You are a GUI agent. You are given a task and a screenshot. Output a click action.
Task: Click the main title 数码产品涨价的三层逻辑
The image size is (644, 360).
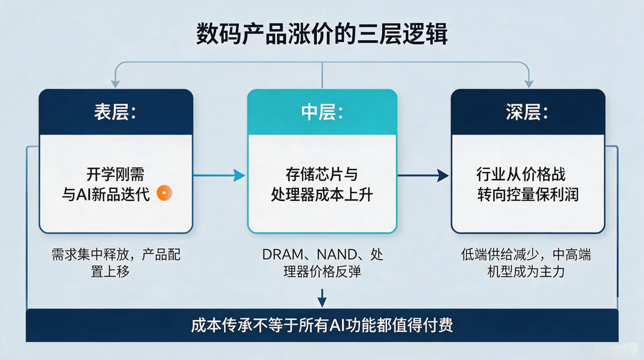pos(321,34)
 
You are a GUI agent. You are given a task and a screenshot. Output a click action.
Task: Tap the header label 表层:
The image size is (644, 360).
pos(115,112)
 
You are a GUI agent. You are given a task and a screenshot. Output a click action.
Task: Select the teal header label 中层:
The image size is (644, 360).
pos(322,112)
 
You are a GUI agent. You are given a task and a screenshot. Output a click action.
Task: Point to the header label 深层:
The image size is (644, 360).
pos(527,112)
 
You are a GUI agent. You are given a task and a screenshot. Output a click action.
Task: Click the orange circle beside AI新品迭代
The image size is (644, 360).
pos(165,193)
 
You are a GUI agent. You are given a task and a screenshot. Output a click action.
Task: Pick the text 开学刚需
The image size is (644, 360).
pos(115,174)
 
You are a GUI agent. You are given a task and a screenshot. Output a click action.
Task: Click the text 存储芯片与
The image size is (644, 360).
pos(322,174)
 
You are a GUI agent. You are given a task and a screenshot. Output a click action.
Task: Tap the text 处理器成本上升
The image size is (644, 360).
pos(322,195)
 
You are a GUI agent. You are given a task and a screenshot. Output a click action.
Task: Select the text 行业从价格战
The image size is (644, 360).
pos(521,174)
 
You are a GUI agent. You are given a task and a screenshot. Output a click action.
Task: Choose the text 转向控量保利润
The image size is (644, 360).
pos(528,195)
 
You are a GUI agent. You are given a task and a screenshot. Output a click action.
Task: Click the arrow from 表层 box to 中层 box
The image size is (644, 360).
pos(220,175)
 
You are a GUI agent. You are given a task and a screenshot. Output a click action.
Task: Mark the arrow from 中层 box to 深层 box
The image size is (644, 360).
pos(423,175)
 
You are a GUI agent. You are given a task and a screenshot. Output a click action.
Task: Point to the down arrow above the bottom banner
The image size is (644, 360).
pos(322,298)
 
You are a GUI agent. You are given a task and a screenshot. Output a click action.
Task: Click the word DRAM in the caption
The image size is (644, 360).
pos(283,255)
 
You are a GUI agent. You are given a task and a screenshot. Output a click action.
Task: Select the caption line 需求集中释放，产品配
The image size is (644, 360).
pos(116,255)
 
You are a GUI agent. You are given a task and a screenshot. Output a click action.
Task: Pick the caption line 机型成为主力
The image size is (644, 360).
pos(526,272)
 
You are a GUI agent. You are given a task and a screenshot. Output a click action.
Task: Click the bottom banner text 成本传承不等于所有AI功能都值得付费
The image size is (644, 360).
pos(322,325)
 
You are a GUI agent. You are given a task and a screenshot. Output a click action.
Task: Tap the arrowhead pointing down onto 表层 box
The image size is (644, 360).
pos(115,84)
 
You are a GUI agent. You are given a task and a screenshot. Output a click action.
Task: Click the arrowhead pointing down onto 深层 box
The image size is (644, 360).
pos(529,84)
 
